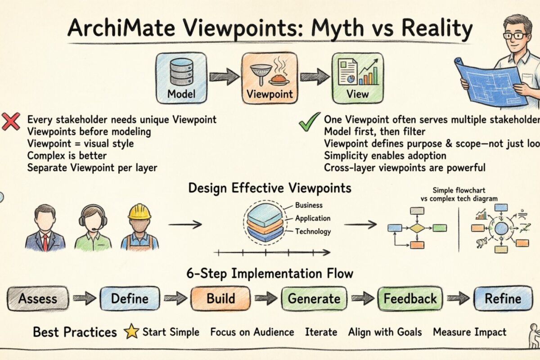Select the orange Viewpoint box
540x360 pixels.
click(x=270, y=77)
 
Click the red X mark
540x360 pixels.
click(x=11, y=122)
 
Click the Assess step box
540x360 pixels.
click(x=38, y=298)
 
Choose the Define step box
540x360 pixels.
click(x=130, y=298)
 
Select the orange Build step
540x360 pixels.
click(x=220, y=298)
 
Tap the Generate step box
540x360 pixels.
click(x=314, y=298)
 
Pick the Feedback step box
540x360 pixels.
click(x=410, y=298)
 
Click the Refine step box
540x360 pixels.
click(x=503, y=298)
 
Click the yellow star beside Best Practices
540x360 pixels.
click(x=131, y=332)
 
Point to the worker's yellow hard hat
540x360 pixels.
click(x=139, y=211)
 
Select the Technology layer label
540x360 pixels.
click(x=313, y=232)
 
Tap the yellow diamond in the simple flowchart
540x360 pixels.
click(x=417, y=228)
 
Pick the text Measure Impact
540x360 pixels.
click(x=469, y=332)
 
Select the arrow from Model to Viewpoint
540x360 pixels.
click(x=224, y=76)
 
